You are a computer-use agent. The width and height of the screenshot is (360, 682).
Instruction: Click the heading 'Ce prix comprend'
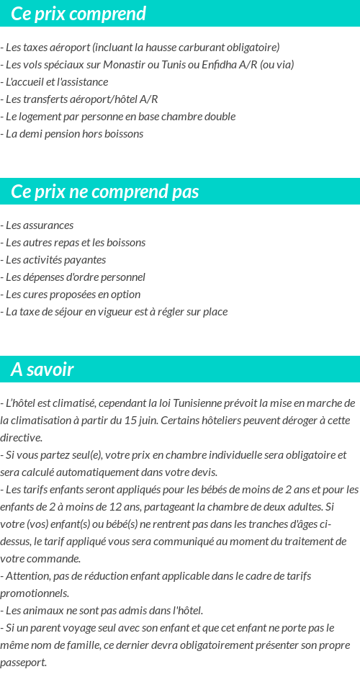(x=78, y=14)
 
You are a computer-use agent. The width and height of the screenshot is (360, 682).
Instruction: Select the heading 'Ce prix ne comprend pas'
(x=105, y=192)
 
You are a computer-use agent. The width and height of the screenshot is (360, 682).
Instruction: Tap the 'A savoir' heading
(x=42, y=369)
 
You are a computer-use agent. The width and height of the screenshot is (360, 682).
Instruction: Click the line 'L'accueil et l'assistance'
(x=55, y=82)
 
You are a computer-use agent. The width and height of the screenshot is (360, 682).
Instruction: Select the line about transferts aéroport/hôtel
(x=79, y=99)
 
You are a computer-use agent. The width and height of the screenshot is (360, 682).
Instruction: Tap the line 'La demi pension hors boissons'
(x=72, y=134)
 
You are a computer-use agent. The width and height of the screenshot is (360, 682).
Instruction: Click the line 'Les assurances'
(x=37, y=225)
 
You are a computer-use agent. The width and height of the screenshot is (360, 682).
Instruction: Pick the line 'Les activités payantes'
(x=53, y=260)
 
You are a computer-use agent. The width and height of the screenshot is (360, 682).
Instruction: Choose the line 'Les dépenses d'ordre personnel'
(x=73, y=277)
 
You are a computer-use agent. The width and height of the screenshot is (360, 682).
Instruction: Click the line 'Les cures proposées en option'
(x=71, y=295)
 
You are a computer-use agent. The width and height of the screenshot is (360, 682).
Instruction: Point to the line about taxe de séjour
(x=114, y=312)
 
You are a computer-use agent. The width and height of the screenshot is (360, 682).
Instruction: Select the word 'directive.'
(x=22, y=437)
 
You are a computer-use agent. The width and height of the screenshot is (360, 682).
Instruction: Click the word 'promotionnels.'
(x=35, y=593)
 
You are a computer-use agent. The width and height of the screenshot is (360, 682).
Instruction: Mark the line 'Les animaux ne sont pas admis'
(x=102, y=611)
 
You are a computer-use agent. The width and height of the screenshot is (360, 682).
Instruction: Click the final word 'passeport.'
(x=24, y=663)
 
